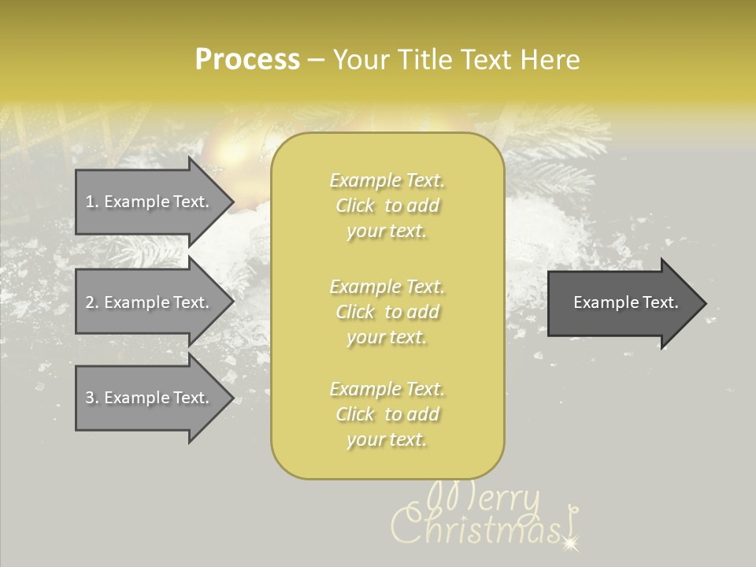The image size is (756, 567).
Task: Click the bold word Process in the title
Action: point(247,60)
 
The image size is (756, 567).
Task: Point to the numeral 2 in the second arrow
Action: point(91,302)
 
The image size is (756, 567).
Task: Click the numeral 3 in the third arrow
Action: point(91,398)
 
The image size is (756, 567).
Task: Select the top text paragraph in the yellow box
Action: point(387,206)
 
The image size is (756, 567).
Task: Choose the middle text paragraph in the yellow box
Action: point(387,312)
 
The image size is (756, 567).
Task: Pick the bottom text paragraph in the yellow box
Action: point(387,414)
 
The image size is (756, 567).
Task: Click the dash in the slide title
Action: point(316,60)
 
